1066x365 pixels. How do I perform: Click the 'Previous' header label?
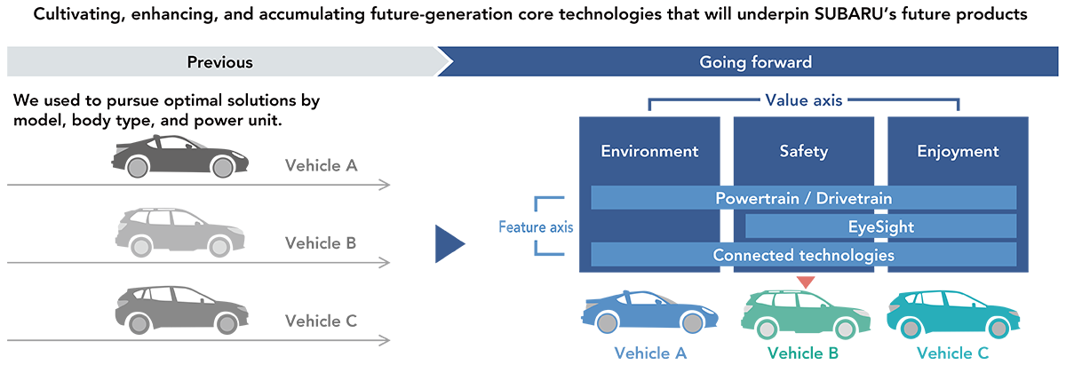pos(220,62)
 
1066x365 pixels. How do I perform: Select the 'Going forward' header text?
pos(755,62)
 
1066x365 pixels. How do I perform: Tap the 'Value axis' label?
pos(804,100)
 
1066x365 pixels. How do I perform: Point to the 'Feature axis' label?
pos(536,227)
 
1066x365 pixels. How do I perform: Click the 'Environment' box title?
pos(649,151)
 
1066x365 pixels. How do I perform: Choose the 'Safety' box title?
pos(804,151)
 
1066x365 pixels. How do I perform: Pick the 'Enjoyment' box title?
pos(958,151)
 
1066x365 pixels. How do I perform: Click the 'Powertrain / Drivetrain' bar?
pos(804,198)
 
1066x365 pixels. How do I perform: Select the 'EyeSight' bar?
pos(881,226)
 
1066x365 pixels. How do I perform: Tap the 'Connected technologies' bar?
pos(804,255)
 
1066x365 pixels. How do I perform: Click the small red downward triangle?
pos(806,282)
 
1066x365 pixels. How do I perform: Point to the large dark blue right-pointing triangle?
pos(449,244)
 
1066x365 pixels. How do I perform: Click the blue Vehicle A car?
pos(649,313)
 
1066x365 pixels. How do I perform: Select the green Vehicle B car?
pos(806,314)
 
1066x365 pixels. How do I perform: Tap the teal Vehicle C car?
pos(953,314)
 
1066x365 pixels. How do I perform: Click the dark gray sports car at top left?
pos(179,156)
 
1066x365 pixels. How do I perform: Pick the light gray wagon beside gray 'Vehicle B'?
pos(179,232)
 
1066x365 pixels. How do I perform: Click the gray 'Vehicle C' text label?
pos(322,321)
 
